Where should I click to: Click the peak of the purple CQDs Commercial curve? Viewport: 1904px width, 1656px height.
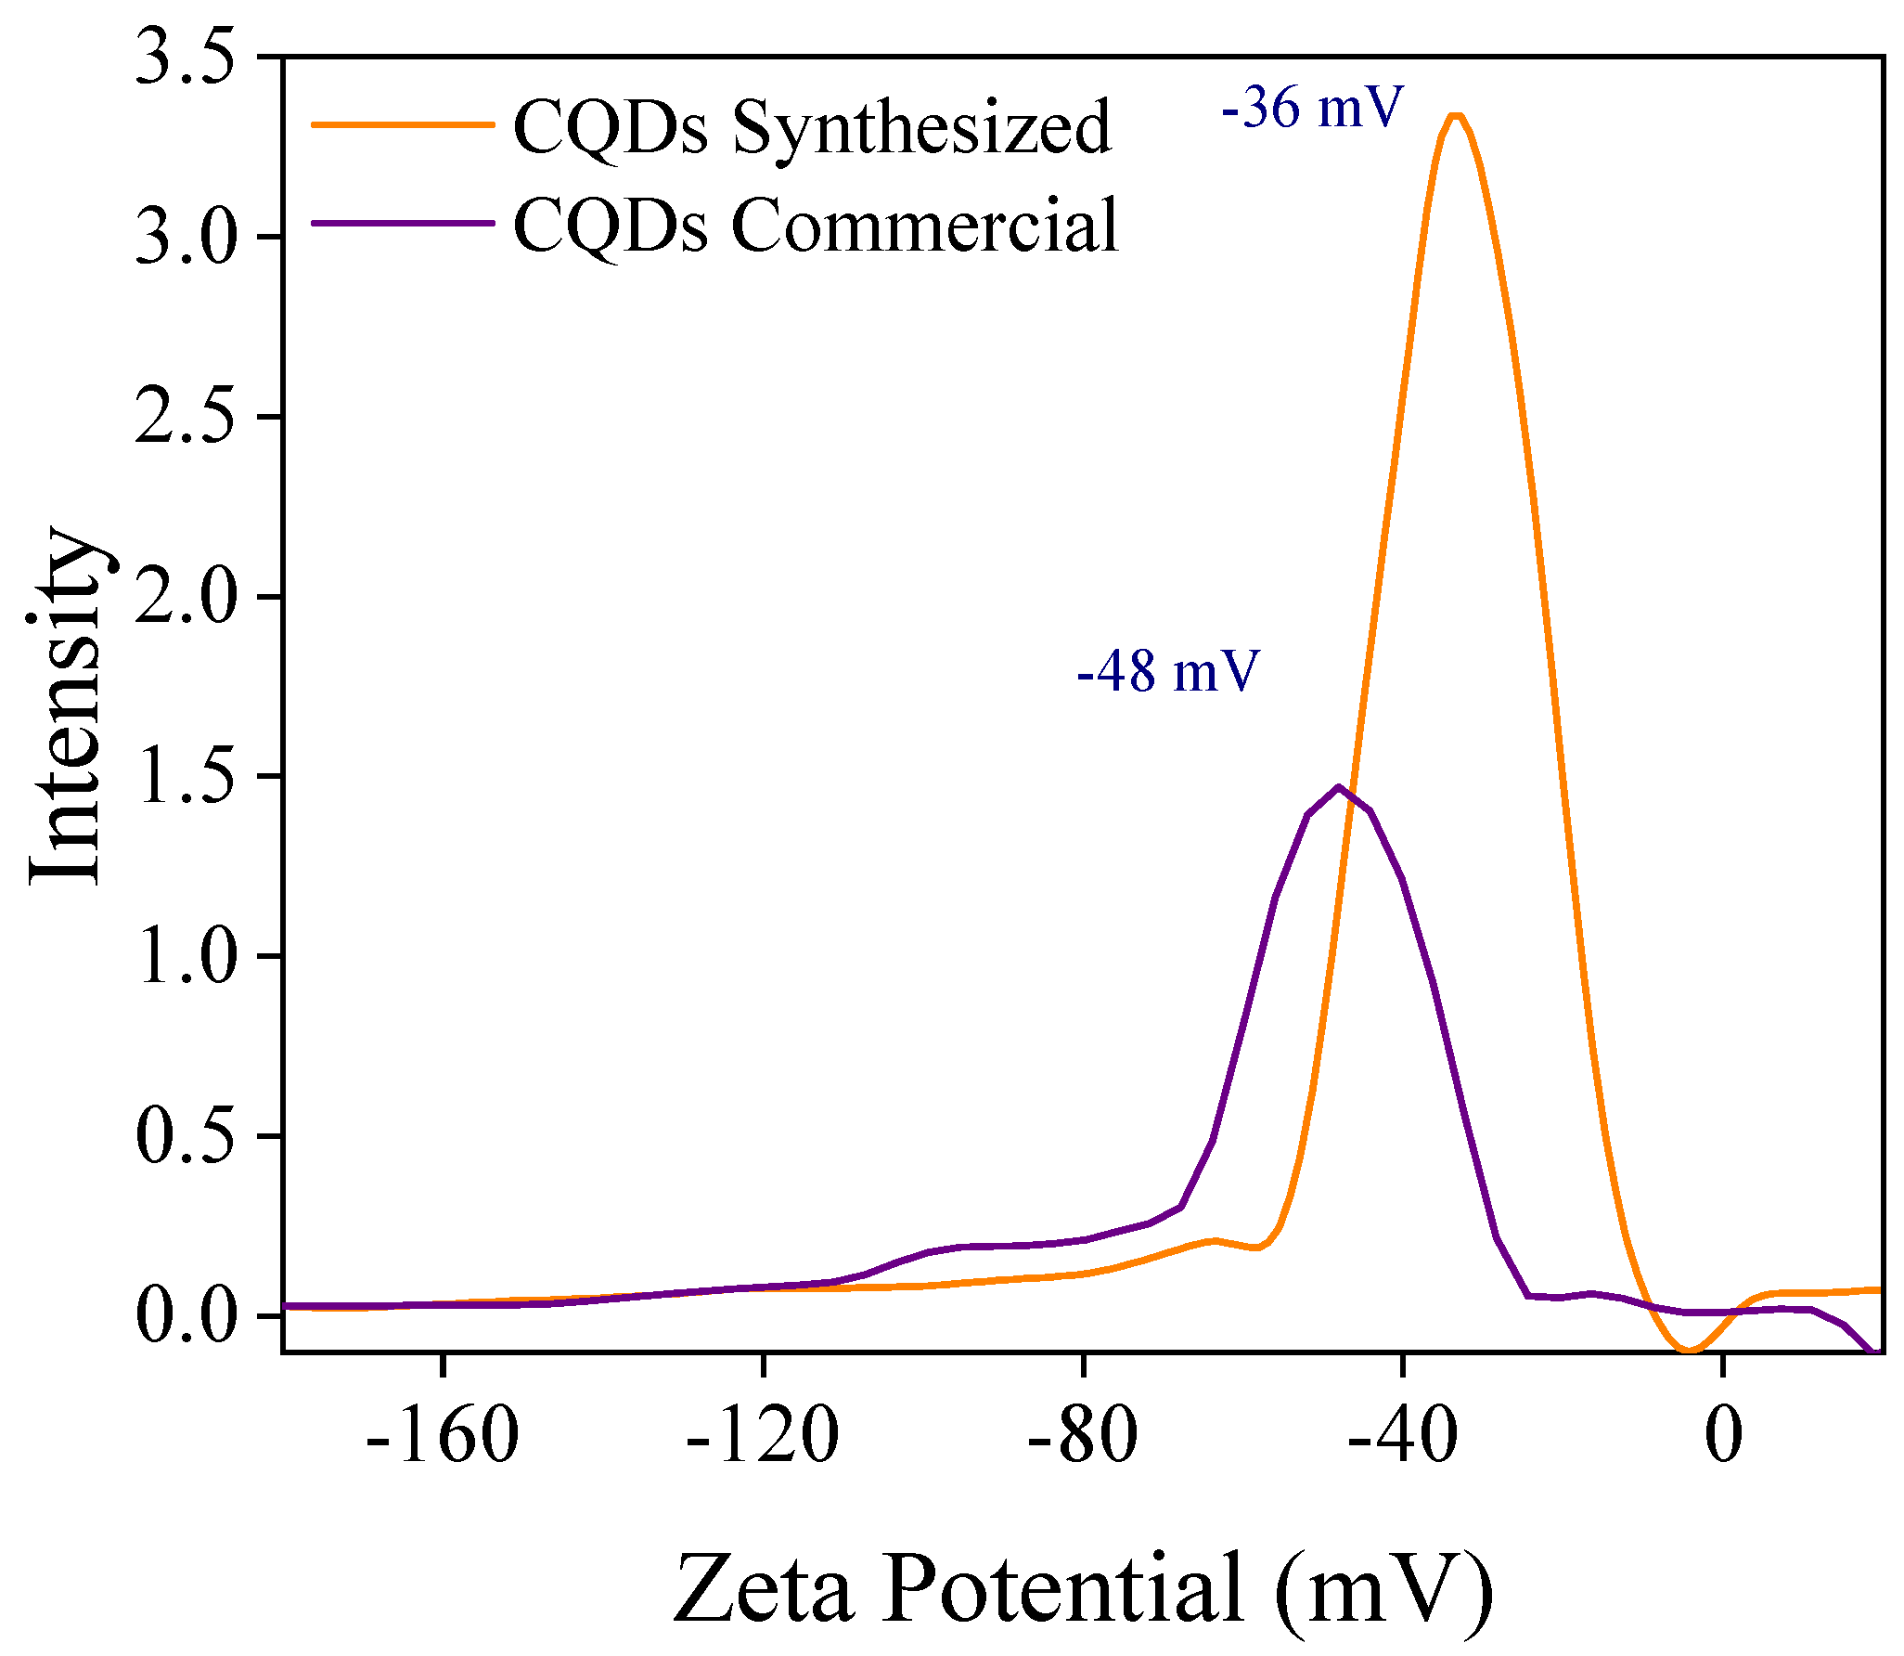tap(1338, 788)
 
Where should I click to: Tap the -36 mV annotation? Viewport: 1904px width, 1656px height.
tap(1312, 108)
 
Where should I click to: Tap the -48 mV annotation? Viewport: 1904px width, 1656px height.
tap(1167, 671)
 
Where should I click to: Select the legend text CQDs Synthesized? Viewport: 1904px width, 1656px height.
tap(812, 128)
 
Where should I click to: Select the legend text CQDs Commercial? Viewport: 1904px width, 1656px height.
tap(816, 226)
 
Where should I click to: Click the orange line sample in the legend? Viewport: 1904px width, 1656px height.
tap(402, 124)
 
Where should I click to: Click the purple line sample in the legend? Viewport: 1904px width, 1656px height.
tap(402, 223)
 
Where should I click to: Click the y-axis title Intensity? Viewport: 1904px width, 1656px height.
tap(65, 705)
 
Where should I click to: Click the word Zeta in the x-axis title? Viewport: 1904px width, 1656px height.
tap(762, 1589)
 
